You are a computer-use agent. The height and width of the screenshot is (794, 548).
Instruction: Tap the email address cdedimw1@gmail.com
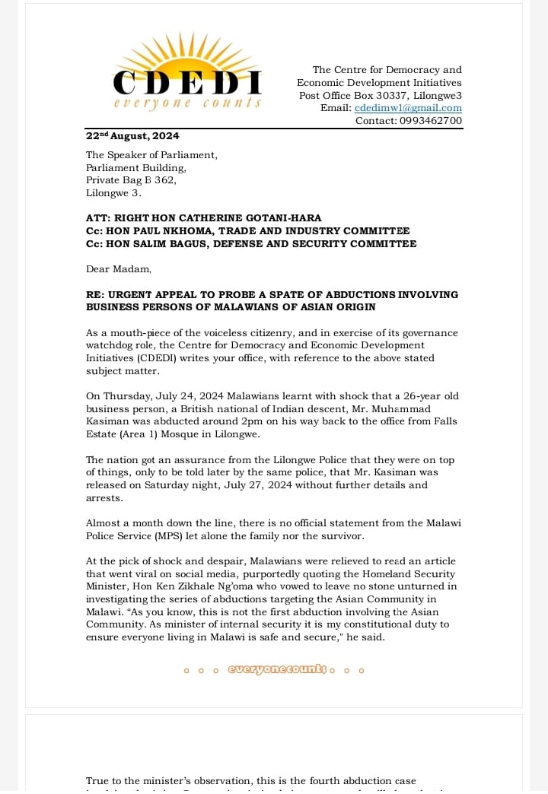point(408,108)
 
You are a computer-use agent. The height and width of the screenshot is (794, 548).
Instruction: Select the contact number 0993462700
point(430,120)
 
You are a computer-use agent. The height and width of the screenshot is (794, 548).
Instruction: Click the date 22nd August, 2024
point(132,136)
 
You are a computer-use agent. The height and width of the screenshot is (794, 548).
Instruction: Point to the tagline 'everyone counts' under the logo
point(187,103)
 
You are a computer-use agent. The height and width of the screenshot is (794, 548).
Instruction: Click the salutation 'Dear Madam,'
point(119,269)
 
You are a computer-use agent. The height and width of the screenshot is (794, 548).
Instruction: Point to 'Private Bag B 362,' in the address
point(131,180)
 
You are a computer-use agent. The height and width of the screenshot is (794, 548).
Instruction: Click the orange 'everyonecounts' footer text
point(276,670)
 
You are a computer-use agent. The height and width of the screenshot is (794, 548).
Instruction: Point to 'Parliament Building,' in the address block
point(136,168)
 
